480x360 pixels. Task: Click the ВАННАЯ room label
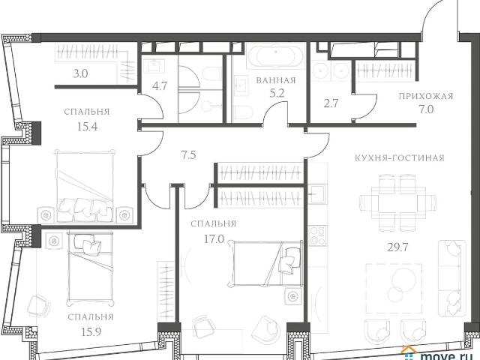276,80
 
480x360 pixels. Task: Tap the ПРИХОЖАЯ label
426,97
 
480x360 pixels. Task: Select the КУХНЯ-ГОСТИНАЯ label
400,158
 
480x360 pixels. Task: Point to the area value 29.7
398,247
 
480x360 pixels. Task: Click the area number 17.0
214,238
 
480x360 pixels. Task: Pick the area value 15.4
87,126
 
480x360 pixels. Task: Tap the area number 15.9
90,331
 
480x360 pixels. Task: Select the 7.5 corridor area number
188,155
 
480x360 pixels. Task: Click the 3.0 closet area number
80,73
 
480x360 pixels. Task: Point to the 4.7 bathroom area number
160,86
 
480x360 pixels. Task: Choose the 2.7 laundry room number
331,103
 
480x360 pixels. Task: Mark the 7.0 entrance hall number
426,109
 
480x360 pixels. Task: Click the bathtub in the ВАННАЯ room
275,55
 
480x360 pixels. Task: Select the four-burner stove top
318,235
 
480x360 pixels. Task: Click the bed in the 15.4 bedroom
85,186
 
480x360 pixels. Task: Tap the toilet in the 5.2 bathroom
243,113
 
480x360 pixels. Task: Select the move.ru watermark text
445,356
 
